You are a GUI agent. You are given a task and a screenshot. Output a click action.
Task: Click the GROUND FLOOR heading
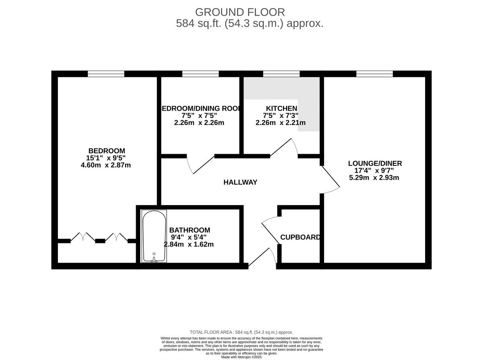[240, 12]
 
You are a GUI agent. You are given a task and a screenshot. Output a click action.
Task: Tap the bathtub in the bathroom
[154, 237]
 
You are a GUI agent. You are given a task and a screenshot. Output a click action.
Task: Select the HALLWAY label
[240, 182]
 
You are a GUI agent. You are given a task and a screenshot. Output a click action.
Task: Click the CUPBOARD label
[300, 237]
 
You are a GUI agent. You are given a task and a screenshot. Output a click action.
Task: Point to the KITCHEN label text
[281, 108]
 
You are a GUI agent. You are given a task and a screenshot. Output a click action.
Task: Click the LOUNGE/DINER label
[375, 163]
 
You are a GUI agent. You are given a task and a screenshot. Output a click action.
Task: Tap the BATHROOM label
[190, 230]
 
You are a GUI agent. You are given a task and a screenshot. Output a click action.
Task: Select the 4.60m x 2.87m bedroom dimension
[105, 165]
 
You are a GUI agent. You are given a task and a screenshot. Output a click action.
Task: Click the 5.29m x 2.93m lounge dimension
[374, 177]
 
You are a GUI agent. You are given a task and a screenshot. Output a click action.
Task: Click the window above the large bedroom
[106, 74]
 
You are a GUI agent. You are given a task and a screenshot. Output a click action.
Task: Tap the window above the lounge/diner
[374, 74]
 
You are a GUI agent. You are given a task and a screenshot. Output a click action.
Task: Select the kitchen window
[281, 74]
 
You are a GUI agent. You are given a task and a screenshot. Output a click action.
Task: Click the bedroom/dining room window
[200, 74]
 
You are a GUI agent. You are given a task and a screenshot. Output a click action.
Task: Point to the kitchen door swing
[284, 147]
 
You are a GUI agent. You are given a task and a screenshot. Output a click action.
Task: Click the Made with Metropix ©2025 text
[241, 357]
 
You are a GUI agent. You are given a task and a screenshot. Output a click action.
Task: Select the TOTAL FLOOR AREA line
[241, 332]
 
